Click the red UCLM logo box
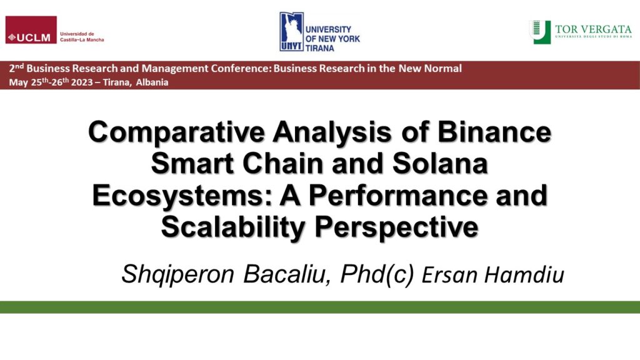pos(31,30)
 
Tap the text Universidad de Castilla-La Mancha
pos(82,37)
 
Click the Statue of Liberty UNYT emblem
pos(291,32)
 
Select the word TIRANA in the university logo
pos(319,48)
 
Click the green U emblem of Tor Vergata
pos(541,32)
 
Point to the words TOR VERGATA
pos(593,29)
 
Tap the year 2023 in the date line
pos(82,82)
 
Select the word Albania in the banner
pos(152,82)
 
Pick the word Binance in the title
pos(494,132)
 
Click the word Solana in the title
pos(440,163)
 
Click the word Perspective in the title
pos(396,227)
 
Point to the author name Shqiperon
pos(178,274)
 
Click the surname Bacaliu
pos(287,274)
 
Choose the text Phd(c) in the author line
pos(377,274)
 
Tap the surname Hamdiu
pos(524,275)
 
